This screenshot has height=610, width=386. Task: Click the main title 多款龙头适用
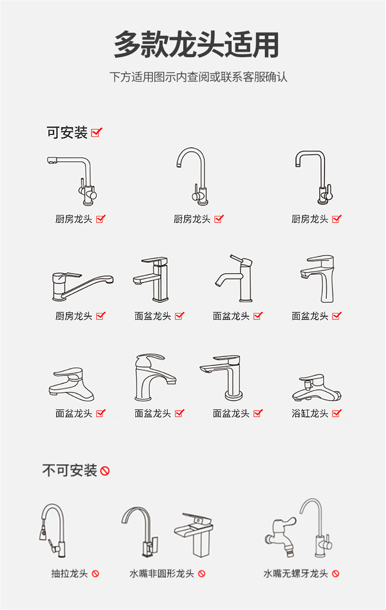tap(196, 45)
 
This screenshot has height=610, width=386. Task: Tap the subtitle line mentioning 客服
tap(198, 77)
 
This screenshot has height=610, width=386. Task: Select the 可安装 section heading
tap(67, 132)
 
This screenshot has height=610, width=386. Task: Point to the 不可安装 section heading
tap(69, 471)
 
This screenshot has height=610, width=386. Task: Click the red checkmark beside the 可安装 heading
tap(96, 132)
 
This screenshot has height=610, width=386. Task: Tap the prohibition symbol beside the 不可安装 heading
tap(105, 471)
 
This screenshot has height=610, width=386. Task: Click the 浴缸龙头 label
tap(310, 413)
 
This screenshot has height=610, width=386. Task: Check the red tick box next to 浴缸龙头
tap(337, 413)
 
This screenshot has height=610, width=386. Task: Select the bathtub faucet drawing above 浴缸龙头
tap(317, 388)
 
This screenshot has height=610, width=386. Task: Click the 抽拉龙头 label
tap(69, 573)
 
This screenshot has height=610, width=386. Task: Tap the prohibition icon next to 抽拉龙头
tap(95, 573)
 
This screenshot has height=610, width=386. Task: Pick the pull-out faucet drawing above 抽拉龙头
tap(52, 531)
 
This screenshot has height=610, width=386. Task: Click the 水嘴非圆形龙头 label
tap(162, 573)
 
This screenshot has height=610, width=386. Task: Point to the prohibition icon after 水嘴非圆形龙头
tap(202, 573)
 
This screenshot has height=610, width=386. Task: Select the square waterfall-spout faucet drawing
tap(194, 535)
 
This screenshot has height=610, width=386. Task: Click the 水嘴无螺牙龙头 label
tap(296, 573)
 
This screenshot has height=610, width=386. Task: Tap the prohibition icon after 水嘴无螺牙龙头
tap(336, 573)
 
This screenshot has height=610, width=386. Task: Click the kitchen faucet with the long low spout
tap(83, 286)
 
